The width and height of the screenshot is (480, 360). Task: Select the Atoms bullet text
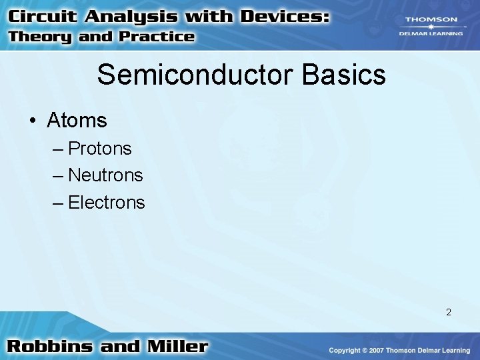77,121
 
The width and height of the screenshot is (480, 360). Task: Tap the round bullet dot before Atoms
33,121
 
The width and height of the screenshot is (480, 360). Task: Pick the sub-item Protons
100,148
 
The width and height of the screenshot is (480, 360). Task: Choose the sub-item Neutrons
105,175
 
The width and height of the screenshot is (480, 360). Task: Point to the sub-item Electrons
106,203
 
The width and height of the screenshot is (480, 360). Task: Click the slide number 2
449,312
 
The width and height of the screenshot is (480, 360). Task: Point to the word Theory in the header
40,37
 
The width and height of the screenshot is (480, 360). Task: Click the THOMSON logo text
431,20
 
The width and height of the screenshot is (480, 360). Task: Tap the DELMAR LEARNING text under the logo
431,33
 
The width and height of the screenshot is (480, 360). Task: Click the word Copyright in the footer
346,350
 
